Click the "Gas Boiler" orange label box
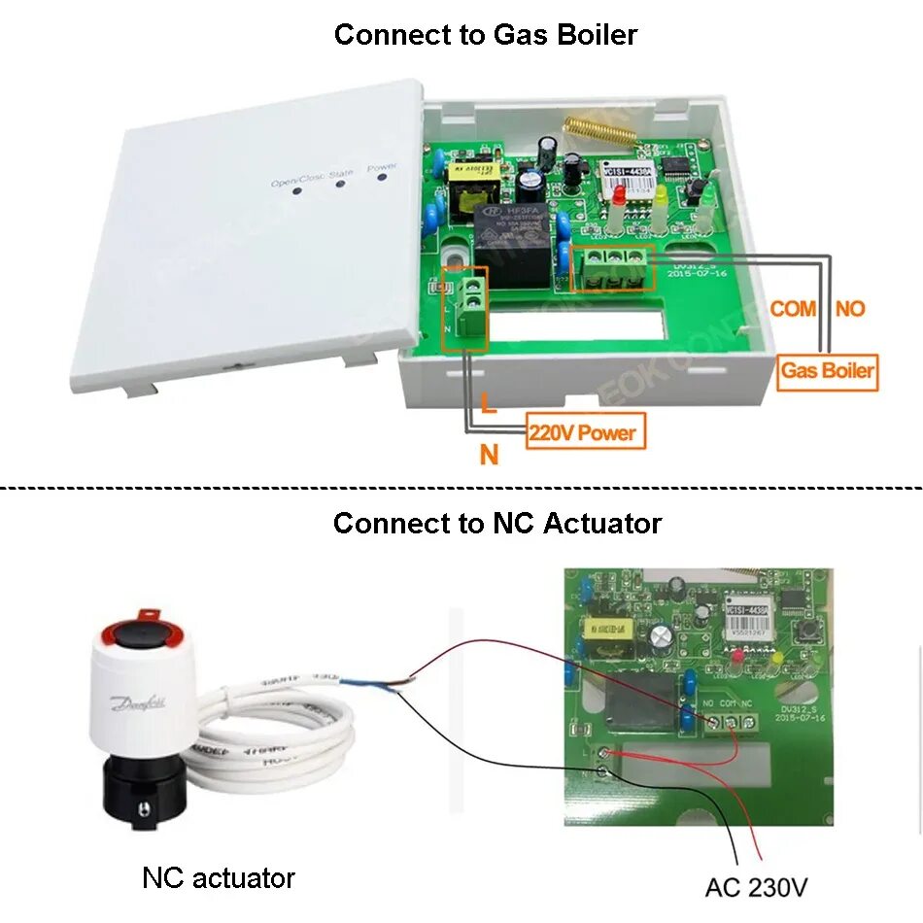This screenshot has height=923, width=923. pyautogui.click(x=828, y=370)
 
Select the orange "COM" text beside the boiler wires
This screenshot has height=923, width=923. pyautogui.click(x=793, y=309)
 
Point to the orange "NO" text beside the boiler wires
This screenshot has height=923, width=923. pyautogui.click(x=849, y=309)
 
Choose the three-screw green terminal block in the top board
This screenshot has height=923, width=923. pyautogui.click(x=612, y=266)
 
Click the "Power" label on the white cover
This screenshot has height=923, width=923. pyautogui.click(x=382, y=167)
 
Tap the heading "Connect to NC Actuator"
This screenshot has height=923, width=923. pyautogui.click(x=496, y=523)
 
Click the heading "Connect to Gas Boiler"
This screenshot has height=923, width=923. pyautogui.click(x=486, y=35)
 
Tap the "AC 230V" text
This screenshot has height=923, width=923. pyautogui.click(x=756, y=887)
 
